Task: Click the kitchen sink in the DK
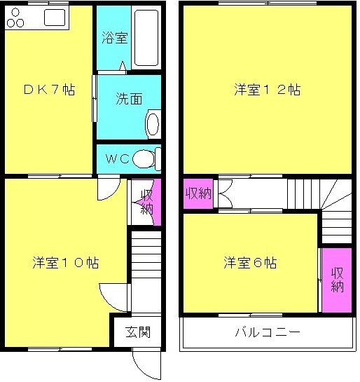pyautogui.click(x=55, y=18)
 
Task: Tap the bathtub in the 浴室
pyautogui.click(x=146, y=38)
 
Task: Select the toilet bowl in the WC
pyautogui.click(x=144, y=159)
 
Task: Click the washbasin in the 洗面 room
pyautogui.click(x=153, y=124)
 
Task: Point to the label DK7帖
pyautogui.click(x=50, y=90)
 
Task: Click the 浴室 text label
pyautogui.click(x=114, y=38)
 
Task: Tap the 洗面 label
pyautogui.click(x=129, y=99)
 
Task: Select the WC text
pyautogui.click(x=118, y=159)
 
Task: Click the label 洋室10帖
pyautogui.click(x=66, y=262)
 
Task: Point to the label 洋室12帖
pyautogui.click(x=268, y=90)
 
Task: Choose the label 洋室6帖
pyautogui.click(x=250, y=262)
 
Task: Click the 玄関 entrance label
pyautogui.click(x=138, y=332)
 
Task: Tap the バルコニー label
pyautogui.click(x=268, y=332)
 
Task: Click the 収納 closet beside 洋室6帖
pyautogui.click(x=337, y=280)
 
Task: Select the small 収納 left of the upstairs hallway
pyautogui.click(x=198, y=193)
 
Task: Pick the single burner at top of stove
pyautogui.click(x=15, y=11)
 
